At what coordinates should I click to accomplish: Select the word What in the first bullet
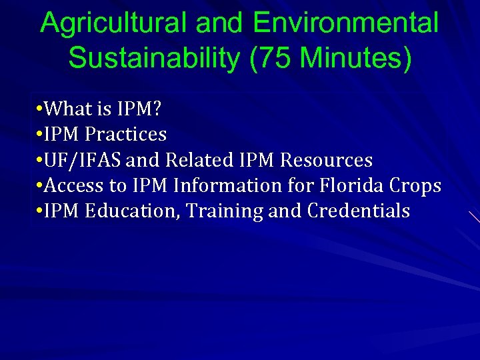(x=69, y=108)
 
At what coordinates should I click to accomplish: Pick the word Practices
(x=125, y=134)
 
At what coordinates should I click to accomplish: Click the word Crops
(x=416, y=185)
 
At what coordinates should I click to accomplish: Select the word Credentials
(x=359, y=211)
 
